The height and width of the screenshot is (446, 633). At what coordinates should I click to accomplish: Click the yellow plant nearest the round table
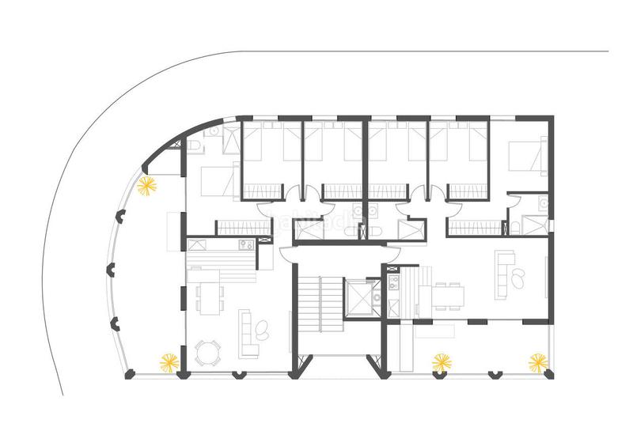pos(169,362)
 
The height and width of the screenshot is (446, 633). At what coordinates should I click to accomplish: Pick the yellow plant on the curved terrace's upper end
pos(146,187)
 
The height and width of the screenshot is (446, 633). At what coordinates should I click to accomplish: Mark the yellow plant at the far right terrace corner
pos(538,362)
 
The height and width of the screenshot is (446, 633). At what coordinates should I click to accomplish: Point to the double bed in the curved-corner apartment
pos(214,183)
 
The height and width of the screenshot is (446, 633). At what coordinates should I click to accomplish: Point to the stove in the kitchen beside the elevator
pos(393,282)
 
